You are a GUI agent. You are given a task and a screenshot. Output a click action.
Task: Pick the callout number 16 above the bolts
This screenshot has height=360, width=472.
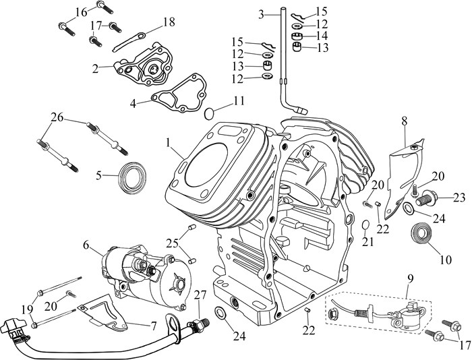(x=82, y=12)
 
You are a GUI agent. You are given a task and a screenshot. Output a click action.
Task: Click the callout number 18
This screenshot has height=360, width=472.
(x=169, y=22)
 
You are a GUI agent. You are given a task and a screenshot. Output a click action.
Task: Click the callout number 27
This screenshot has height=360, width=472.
(x=200, y=295)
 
